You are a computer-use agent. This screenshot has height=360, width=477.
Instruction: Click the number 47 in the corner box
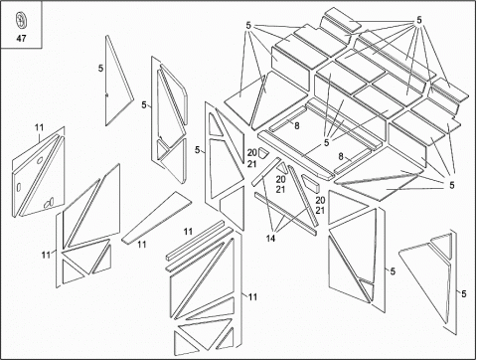21,39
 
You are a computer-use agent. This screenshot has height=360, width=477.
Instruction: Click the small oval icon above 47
21,20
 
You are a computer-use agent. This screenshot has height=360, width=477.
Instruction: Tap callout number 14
270,238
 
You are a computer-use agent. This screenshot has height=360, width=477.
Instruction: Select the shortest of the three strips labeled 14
266,171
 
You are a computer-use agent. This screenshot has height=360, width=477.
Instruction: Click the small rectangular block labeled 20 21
311,183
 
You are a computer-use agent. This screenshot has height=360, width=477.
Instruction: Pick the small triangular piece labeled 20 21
282,166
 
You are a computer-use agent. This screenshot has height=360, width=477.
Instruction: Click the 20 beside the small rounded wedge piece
251,153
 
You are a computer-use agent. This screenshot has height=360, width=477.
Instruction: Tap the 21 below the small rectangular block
320,210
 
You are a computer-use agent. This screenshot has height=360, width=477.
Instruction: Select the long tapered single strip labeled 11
156,217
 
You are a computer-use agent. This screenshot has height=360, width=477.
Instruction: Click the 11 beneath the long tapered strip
142,245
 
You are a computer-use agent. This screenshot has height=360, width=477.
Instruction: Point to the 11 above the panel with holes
39,127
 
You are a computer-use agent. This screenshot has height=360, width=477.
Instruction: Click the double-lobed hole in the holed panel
49,202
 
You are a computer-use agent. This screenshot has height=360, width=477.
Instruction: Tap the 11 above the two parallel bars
188,232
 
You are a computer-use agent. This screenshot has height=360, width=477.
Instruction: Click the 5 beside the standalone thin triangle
100,69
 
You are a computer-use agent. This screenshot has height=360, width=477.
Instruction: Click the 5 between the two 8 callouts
327,143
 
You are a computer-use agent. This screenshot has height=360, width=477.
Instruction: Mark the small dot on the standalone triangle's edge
106,95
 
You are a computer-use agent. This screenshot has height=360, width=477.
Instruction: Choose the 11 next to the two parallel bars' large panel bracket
252,297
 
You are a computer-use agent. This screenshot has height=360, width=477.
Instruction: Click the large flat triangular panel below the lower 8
381,185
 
